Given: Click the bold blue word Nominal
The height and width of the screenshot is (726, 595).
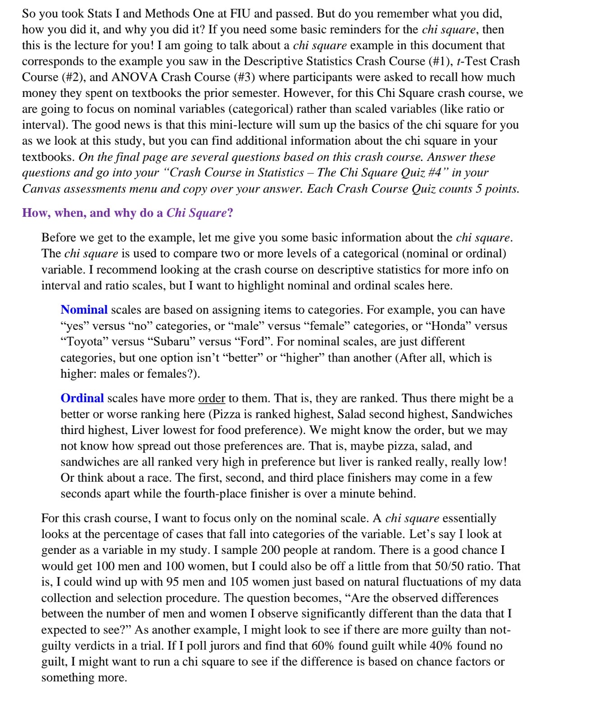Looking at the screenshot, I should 84,310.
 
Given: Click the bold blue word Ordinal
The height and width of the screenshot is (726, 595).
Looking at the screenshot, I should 82,398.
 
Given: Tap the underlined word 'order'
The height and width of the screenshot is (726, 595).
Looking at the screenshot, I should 211,398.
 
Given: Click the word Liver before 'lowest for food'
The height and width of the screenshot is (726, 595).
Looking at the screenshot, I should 145,430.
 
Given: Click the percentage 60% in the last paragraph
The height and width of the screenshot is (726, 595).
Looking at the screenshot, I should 322,646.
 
